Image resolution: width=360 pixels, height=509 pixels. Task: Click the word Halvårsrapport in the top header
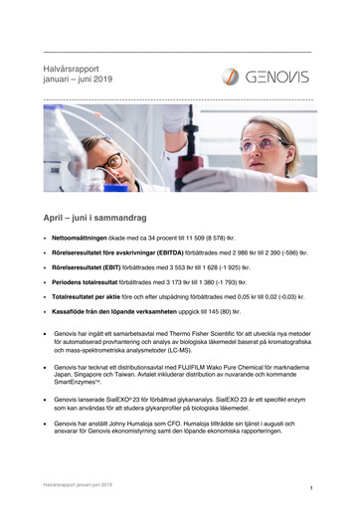[75, 64]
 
